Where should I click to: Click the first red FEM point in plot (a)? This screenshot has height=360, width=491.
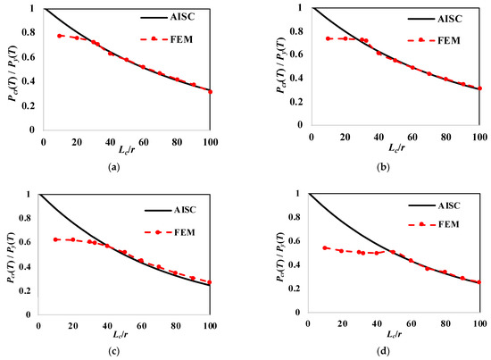pos(60,36)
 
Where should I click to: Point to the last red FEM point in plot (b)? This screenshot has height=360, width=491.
pos(479,88)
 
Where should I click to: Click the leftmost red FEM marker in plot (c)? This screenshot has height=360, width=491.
pos(55,239)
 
